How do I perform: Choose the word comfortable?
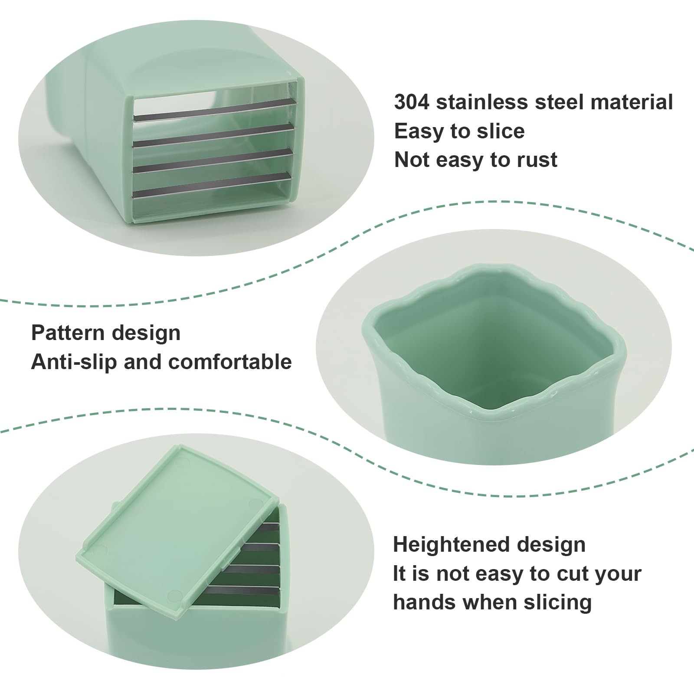pyautogui.click(x=230, y=362)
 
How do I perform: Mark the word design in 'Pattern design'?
pyautogui.click(x=146, y=334)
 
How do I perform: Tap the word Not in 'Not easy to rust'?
pyautogui.click(x=412, y=160)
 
